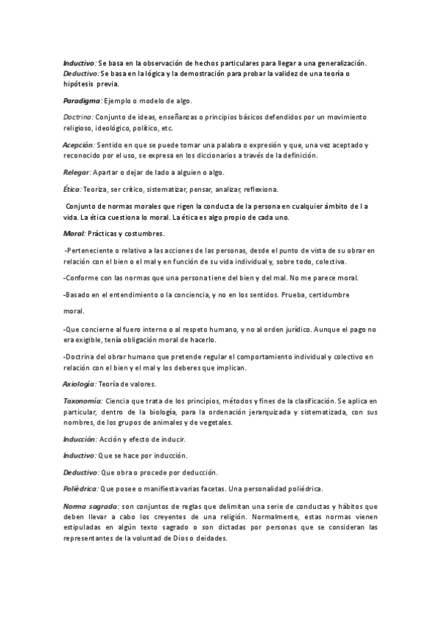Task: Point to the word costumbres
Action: tap(145, 234)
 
